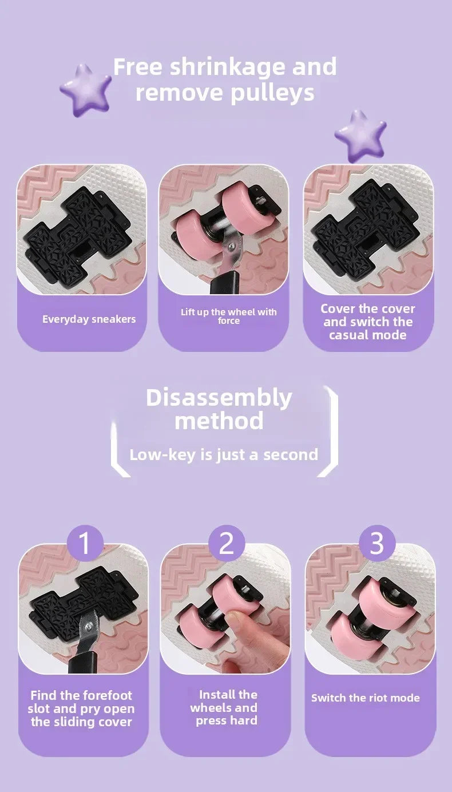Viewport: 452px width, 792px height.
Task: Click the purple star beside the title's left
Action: click(86, 90)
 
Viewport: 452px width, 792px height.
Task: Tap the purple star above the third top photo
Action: click(360, 135)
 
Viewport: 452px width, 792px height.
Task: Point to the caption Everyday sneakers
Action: click(89, 319)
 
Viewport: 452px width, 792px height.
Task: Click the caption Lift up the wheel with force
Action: click(228, 316)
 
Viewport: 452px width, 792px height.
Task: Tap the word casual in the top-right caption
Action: click(349, 335)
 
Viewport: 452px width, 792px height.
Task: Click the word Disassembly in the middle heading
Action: click(219, 397)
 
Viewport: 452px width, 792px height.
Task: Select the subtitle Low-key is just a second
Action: click(224, 455)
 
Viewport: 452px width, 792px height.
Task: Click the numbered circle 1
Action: click(85, 543)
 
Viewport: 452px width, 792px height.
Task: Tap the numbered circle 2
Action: click(227, 543)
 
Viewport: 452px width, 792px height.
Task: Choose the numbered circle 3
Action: click(376, 543)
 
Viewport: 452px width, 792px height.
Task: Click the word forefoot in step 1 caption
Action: click(100, 695)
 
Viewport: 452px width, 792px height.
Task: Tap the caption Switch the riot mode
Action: click(365, 698)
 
